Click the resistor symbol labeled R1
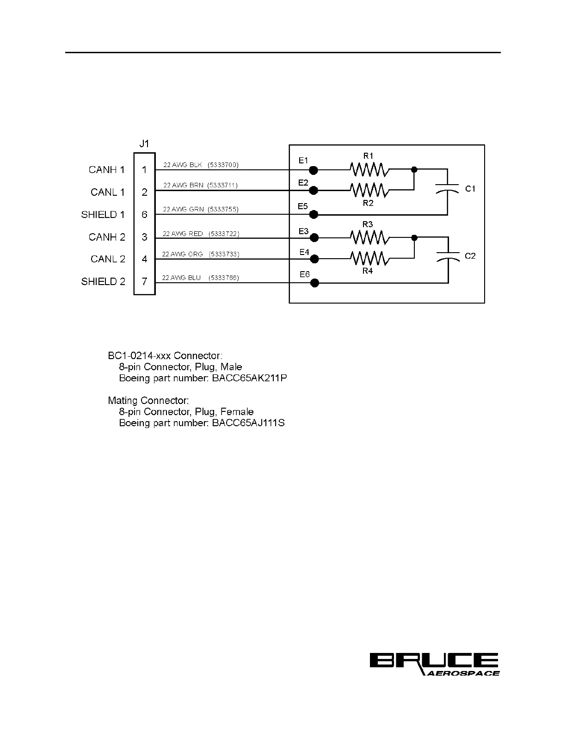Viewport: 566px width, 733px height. [369, 170]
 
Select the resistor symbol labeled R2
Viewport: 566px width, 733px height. [369, 190]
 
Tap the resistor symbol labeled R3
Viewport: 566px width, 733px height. [369, 238]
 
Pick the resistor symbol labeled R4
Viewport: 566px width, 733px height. [369, 258]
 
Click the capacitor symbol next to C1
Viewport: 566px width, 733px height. [447, 189]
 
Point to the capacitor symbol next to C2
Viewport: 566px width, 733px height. [448, 256]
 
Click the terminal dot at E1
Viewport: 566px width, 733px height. [314, 170]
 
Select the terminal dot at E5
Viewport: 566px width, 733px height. [314, 214]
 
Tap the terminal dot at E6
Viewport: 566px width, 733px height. [314, 283]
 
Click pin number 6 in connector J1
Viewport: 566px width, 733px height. [145, 215]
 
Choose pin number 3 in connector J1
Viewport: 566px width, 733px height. [145, 237]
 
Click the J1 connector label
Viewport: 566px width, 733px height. [144, 144]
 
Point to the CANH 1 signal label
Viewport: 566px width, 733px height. [107, 170]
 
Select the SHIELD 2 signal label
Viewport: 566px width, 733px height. [103, 281]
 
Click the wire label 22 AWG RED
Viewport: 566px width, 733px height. [182, 234]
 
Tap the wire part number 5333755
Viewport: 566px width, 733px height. [223, 209]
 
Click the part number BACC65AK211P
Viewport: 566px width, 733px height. [250, 378]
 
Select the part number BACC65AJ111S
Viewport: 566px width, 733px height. [248, 423]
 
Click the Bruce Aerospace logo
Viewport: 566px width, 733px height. [434, 665]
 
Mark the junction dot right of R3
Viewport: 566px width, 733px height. [414, 238]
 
